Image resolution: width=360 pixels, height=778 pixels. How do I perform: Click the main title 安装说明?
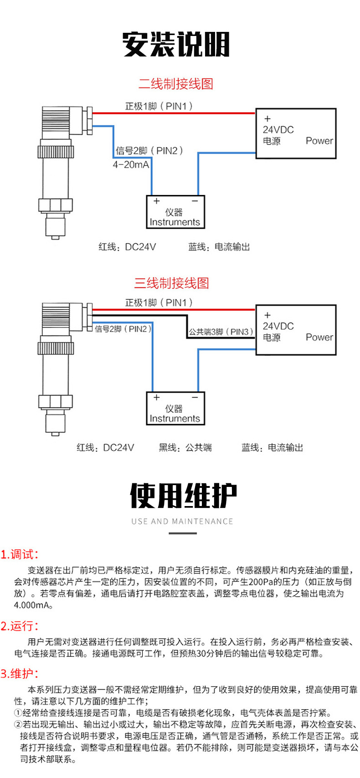click(x=176, y=45)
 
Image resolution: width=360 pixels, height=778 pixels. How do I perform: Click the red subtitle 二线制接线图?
click(x=175, y=84)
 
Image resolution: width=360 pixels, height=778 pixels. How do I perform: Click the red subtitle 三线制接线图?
click(x=171, y=283)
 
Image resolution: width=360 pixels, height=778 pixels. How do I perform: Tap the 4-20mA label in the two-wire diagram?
click(x=131, y=164)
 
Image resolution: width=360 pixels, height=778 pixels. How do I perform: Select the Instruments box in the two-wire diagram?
click(x=175, y=212)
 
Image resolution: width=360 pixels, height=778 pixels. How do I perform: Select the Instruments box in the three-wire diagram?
click(x=175, y=409)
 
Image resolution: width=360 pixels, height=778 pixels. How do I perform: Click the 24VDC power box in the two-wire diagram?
click(x=295, y=133)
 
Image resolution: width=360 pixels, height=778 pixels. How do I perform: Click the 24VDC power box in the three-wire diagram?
click(x=295, y=330)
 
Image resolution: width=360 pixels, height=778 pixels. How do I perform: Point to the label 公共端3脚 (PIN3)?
click(x=221, y=332)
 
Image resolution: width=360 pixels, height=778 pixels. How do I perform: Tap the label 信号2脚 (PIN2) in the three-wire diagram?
click(x=123, y=329)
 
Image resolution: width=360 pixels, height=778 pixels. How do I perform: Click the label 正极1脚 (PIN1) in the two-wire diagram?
click(x=159, y=106)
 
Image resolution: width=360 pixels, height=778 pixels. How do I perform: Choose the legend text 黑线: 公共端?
click(x=185, y=448)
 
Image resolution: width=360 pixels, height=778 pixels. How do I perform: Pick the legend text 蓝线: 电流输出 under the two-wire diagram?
click(x=219, y=247)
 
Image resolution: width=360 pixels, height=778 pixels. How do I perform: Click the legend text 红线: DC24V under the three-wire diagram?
click(x=105, y=448)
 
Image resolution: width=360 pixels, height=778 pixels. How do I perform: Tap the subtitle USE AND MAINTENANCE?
click(x=182, y=521)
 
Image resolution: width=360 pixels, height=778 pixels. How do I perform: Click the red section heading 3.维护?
click(x=19, y=674)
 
